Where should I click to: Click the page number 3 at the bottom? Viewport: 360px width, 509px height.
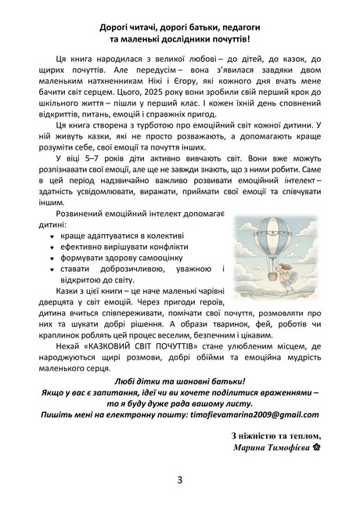tap(179, 480)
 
